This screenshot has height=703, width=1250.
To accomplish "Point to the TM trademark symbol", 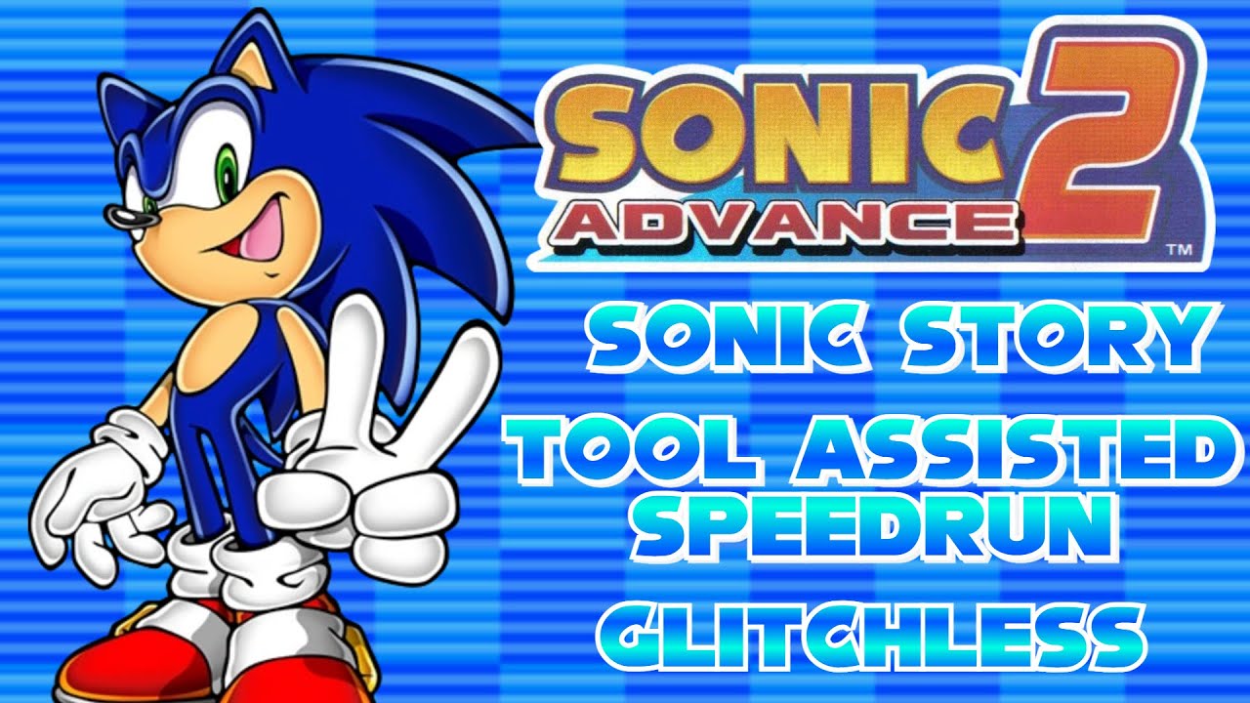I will coord(1179,250).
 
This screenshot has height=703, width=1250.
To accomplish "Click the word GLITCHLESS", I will coord(869,635).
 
